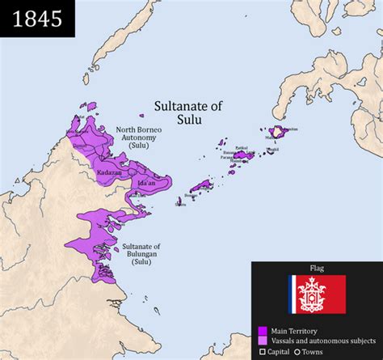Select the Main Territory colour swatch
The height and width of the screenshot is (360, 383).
(263, 331)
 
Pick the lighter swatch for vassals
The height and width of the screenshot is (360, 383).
(263, 341)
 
